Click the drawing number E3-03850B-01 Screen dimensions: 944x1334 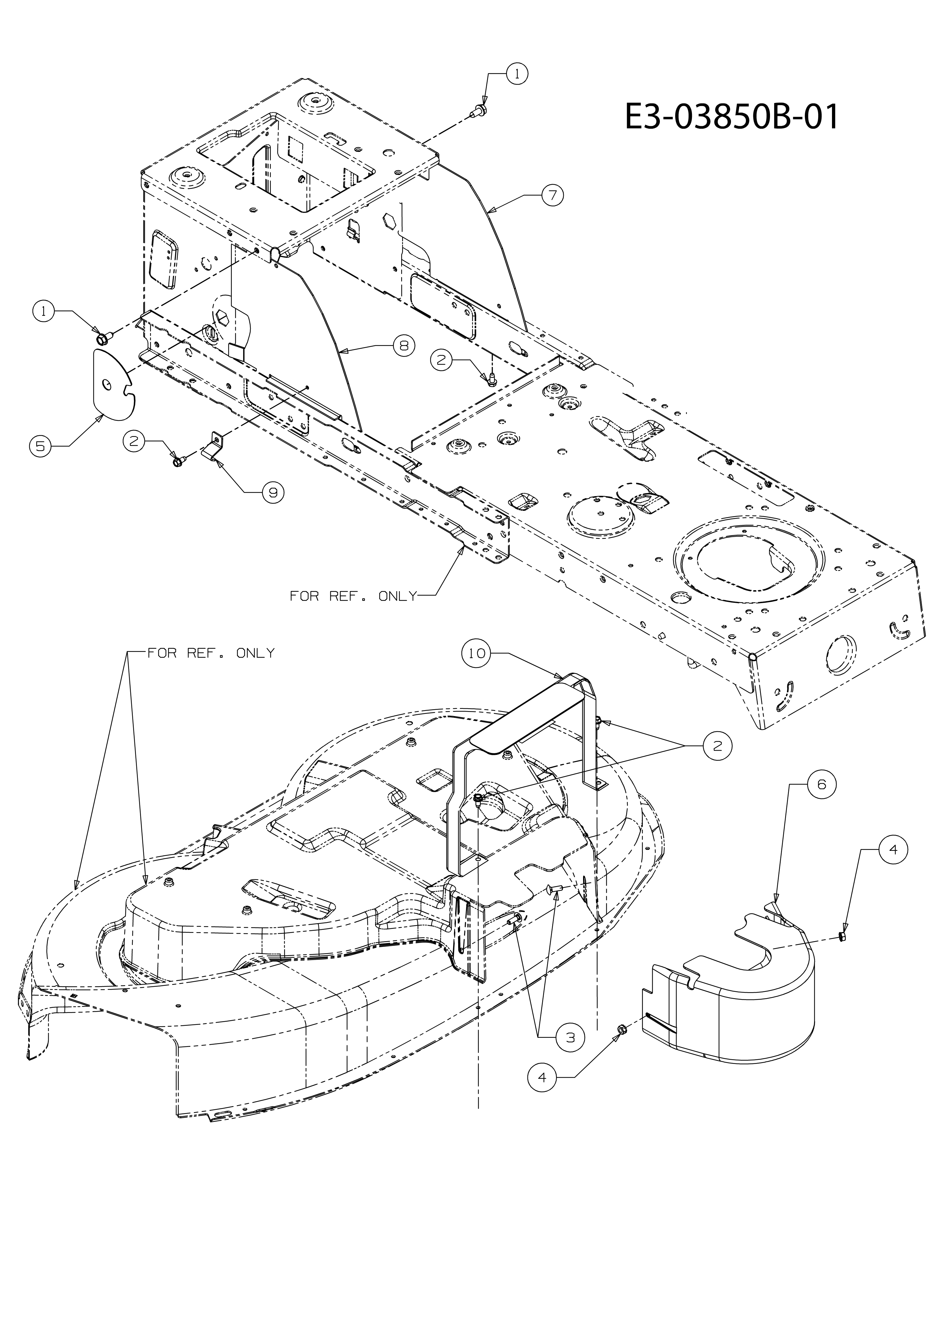click(x=732, y=117)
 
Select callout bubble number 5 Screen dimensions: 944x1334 click(x=40, y=446)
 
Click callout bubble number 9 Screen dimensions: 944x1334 click(x=273, y=492)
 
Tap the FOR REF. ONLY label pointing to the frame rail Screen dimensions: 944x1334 click(x=353, y=596)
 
